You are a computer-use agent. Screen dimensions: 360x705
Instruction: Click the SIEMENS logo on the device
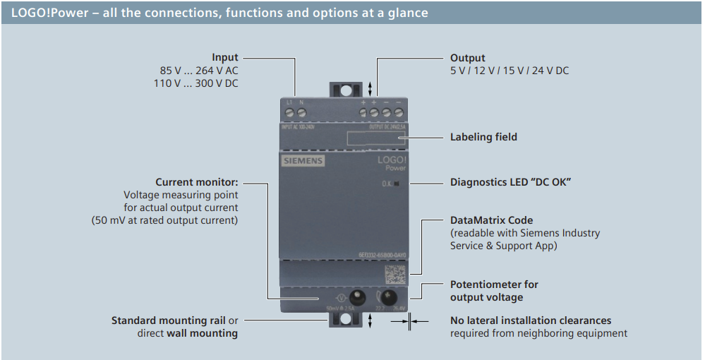pyautogui.click(x=303, y=161)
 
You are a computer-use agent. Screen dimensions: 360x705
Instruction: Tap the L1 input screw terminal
pyautogui.click(x=289, y=113)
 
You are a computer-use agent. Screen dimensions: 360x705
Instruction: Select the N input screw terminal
pyautogui.click(x=301, y=113)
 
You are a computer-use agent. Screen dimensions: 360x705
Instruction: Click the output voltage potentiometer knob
pyautogui.click(x=387, y=296)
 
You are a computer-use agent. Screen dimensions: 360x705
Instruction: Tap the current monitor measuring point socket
pyautogui.click(x=356, y=296)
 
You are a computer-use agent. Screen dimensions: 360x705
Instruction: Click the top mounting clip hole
pyautogui.click(x=345, y=90)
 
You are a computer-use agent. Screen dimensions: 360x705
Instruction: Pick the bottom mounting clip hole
pyautogui.click(x=345, y=319)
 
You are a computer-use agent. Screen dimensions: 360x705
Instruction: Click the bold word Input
pyautogui.click(x=225, y=58)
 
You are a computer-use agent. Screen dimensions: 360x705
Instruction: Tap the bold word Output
pyautogui.click(x=468, y=58)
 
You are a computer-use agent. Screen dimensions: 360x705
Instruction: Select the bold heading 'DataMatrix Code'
pyautogui.click(x=492, y=220)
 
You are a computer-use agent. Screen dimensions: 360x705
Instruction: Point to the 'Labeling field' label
pyautogui.click(x=483, y=137)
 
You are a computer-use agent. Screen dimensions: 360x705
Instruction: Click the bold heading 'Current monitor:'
pyautogui.click(x=197, y=182)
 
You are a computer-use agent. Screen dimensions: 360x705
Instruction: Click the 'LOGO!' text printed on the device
pyautogui.click(x=392, y=160)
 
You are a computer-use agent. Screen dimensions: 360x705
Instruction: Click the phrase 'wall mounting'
pyautogui.click(x=202, y=333)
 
